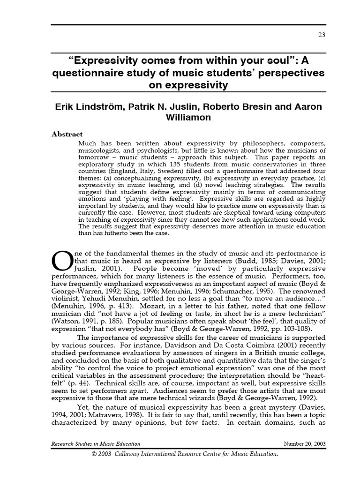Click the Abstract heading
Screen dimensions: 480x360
(x=67, y=134)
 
